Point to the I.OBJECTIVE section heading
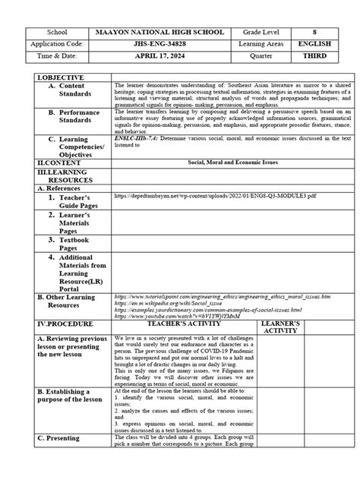tap(48, 78)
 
